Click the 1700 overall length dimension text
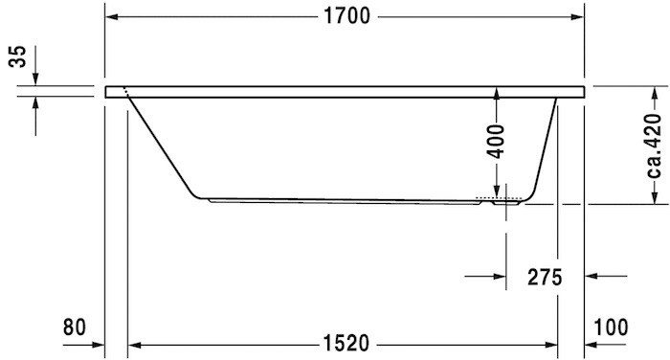(x=345, y=18)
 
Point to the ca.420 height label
(x=654, y=145)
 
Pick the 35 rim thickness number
(x=17, y=58)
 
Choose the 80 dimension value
(x=75, y=327)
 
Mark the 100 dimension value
(x=612, y=327)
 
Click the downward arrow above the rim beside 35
(x=35, y=75)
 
